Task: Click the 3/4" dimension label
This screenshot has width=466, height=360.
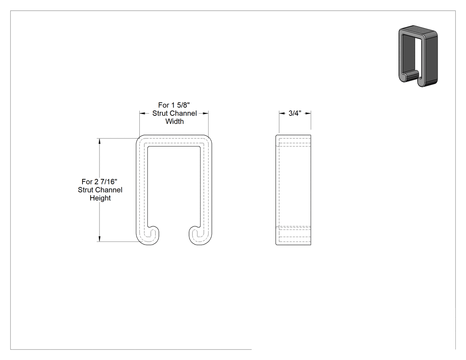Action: point(295,113)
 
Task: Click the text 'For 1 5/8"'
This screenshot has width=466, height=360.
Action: point(174,105)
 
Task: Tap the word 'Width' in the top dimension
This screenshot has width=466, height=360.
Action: point(174,121)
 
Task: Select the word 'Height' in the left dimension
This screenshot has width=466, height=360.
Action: point(100,198)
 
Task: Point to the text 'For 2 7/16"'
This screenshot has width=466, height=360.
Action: point(99,182)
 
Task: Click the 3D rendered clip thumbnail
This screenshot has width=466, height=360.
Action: point(418,56)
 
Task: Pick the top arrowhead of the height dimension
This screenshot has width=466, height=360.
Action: point(99,141)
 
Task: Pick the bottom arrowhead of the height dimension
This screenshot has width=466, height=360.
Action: point(99,239)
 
